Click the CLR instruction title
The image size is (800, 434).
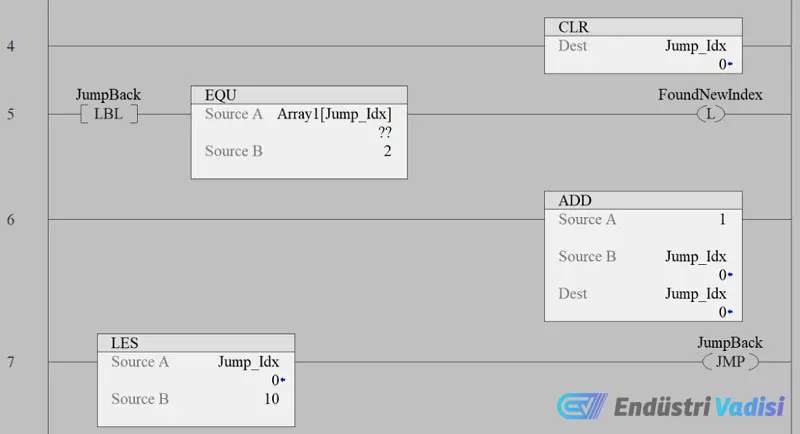[573, 27]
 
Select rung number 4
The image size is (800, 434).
[10, 46]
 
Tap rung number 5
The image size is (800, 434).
[10, 114]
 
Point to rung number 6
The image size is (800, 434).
[10, 219]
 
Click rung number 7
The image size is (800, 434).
[10, 361]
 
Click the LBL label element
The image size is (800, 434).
[108, 114]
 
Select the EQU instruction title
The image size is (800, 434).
[220, 95]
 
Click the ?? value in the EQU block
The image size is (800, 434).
[385, 132]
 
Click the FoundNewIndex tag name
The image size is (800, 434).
[710, 95]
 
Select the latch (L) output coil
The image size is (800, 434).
[710, 114]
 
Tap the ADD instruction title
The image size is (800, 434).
[575, 201]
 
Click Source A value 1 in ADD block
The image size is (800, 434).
[721, 220]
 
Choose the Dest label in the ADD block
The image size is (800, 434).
[573, 294]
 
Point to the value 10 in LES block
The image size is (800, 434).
[270, 399]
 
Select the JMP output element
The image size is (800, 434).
[730, 361]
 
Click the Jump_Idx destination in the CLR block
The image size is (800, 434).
[695, 46]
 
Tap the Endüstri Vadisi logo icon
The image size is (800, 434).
[578, 407]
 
